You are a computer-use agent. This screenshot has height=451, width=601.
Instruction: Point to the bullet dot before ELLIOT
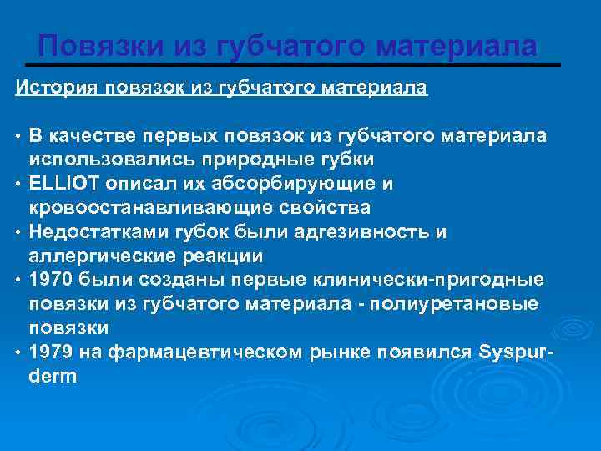point(18,183)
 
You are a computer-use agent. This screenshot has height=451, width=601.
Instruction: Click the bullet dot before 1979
point(18,352)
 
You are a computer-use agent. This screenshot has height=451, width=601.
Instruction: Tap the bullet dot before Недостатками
point(18,231)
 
